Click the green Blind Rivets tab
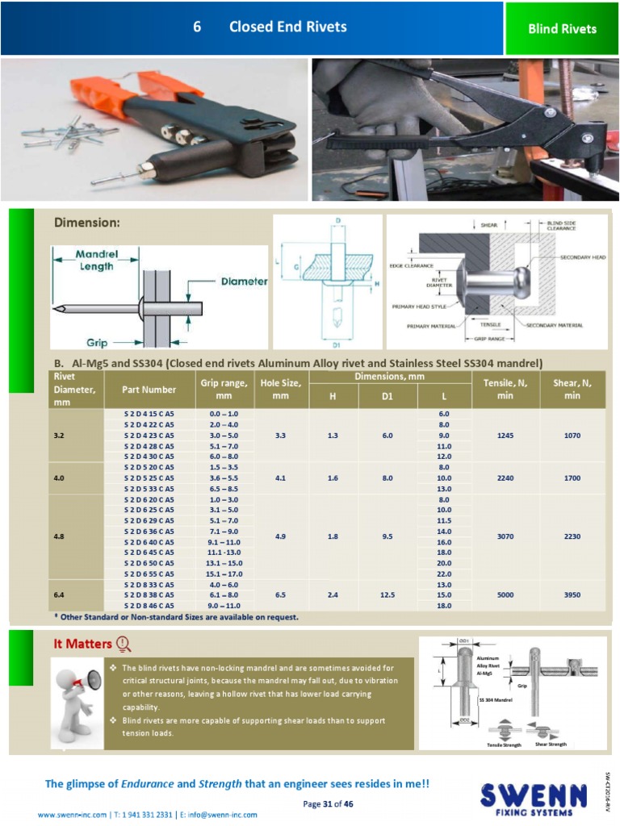click(x=562, y=29)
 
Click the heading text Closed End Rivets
click(x=287, y=27)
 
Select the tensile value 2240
click(x=505, y=478)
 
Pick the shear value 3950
click(x=572, y=594)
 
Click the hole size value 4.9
click(x=280, y=536)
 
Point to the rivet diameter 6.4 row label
click(x=59, y=594)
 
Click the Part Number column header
click(x=149, y=390)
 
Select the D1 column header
click(x=387, y=396)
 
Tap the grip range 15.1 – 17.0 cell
click(x=224, y=574)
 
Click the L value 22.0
click(x=444, y=574)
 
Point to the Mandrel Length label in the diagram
click(x=96, y=260)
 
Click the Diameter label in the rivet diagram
click(x=244, y=282)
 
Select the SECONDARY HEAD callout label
click(x=582, y=257)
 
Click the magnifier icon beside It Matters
click(x=124, y=644)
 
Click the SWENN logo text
click(x=533, y=795)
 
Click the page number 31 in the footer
click(x=327, y=803)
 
